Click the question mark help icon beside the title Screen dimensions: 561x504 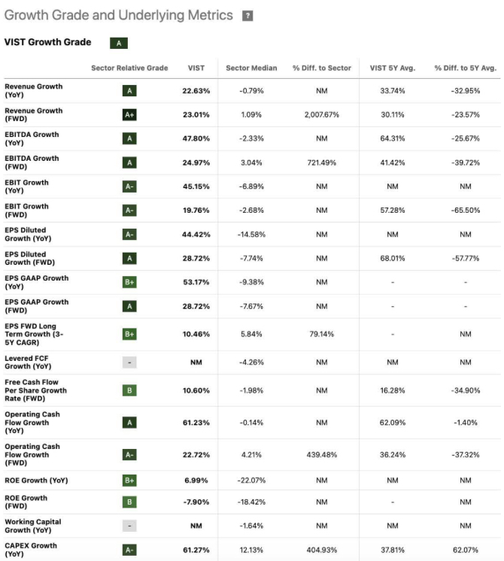(247, 16)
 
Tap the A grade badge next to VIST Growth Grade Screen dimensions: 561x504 (118, 44)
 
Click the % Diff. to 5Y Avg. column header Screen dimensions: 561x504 (465, 68)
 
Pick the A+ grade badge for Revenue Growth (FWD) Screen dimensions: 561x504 (129, 115)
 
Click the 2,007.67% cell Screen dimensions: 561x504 (322, 115)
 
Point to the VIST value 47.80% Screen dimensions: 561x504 (196, 138)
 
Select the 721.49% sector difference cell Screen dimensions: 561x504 (322, 162)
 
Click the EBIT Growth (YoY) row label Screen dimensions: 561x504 (26, 186)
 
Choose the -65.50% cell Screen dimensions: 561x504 (465, 211)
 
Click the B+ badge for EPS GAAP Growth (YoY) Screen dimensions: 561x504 (129, 282)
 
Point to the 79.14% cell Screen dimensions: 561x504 (322, 334)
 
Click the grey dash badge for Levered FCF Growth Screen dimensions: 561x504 (129, 362)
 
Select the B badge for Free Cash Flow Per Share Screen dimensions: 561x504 (129, 390)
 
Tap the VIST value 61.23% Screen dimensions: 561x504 (196, 423)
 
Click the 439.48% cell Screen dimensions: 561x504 (322, 454)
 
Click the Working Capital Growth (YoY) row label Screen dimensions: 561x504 (32, 526)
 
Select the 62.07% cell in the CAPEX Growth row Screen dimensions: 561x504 (465, 550)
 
